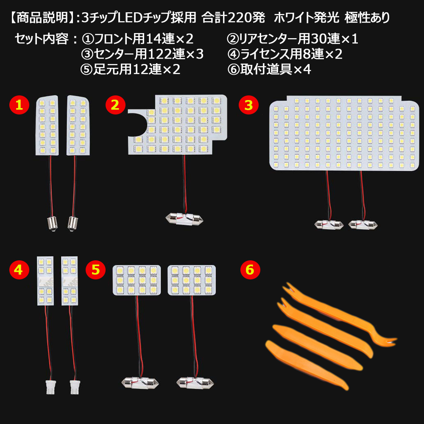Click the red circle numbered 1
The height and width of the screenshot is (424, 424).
19,106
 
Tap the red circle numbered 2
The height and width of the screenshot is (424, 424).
115,106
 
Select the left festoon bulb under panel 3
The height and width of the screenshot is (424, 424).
329,223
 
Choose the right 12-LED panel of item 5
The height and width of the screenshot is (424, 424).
192,280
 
